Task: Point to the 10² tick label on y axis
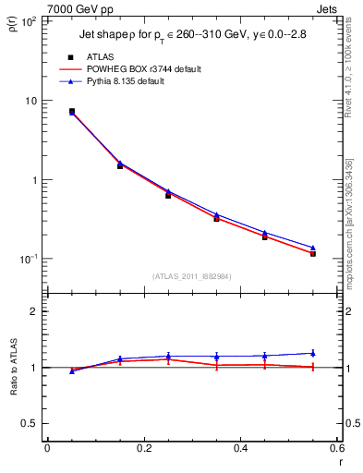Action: [x=30, y=21]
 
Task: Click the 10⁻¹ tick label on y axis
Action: [x=30, y=259]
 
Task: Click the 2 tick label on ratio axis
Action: [x=35, y=311]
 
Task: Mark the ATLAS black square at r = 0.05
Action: [x=72, y=111]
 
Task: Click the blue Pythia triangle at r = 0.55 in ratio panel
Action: [x=313, y=352]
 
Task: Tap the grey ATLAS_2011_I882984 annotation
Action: [x=191, y=276]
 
